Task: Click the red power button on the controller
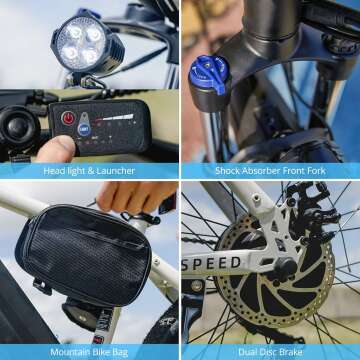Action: pyautogui.click(x=68, y=118)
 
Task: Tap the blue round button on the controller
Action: pyautogui.click(x=84, y=129)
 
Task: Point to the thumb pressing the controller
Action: pyautogui.click(x=56, y=149)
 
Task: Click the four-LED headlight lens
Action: pyautogui.click(x=81, y=43)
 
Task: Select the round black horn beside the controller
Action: pyautogui.click(x=19, y=125)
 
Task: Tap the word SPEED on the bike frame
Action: pyautogui.click(x=212, y=263)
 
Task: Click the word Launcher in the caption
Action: pyautogui.click(x=116, y=171)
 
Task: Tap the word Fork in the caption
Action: pyautogui.click(x=316, y=171)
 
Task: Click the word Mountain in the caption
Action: pyautogui.click(x=69, y=352)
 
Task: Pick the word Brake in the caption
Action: pyautogui.click(x=291, y=352)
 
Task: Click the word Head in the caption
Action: pyautogui.click(x=53, y=171)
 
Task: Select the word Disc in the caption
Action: pyautogui.click(x=269, y=352)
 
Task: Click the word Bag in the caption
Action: pyautogui.click(x=120, y=352)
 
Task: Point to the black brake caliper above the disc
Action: pyautogui.click(x=312, y=213)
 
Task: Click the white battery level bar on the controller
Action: pyautogui.click(x=118, y=117)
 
